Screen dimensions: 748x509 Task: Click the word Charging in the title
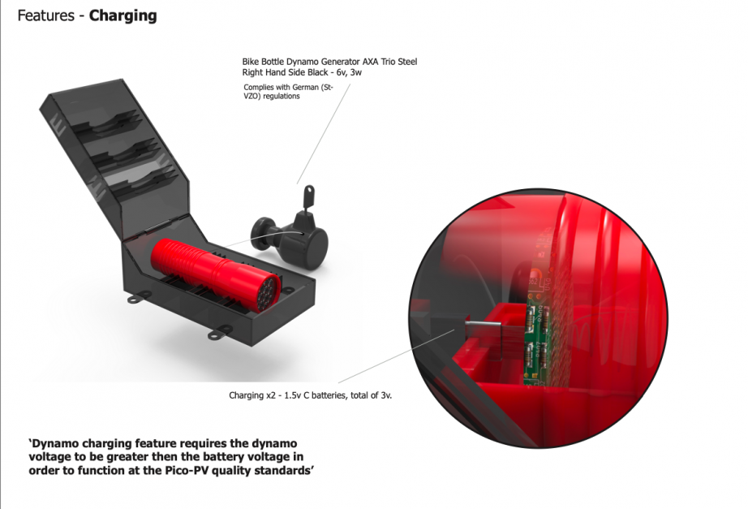click(x=123, y=16)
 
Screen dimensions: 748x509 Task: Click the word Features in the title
click(x=45, y=15)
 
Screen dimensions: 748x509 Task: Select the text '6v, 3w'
click(x=349, y=72)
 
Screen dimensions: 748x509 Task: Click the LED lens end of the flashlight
click(x=268, y=293)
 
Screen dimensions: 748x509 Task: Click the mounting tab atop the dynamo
click(x=309, y=196)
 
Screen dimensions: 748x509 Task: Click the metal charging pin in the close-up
click(x=483, y=326)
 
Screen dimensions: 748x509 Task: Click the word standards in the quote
click(x=283, y=470)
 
